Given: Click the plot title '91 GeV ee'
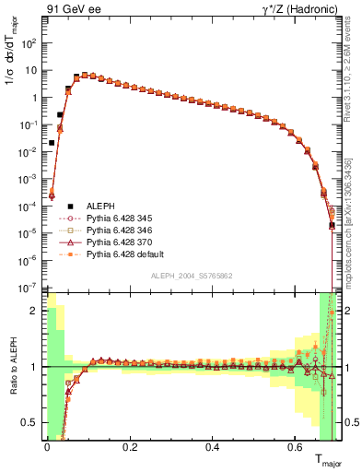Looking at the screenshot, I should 72,11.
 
